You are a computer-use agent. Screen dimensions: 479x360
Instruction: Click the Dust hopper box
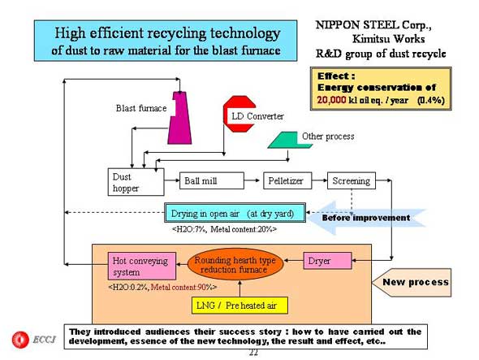tap(136, 182)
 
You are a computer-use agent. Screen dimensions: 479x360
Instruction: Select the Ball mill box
tap(212, 180)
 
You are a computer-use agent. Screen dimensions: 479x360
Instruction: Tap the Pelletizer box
tap(287, 180)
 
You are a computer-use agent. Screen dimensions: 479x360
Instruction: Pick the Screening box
tap(352, 180)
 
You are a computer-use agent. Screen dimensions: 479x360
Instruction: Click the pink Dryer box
tap(327, 261)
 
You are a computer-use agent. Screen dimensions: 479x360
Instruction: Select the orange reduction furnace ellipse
tap(235, 265)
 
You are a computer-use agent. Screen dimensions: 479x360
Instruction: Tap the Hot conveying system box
tap(142, 266)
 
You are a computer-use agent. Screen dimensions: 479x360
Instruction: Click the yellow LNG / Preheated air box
tap(239, 306)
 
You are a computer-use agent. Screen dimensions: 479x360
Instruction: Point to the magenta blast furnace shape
tap(180, 118)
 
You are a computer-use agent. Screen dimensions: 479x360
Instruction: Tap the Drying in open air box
tap(235, 213)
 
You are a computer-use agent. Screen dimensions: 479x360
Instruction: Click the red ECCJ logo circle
tap(20, 340)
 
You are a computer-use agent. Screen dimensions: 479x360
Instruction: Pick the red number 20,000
tap(331, 100)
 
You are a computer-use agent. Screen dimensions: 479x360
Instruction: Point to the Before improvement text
tap(366, 218)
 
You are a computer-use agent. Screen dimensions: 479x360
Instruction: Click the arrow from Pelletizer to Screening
tap(320, 180)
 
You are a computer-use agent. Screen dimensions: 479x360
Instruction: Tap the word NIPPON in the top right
tap(337, 25)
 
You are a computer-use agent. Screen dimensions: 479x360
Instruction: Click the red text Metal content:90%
tap(183, 287)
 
